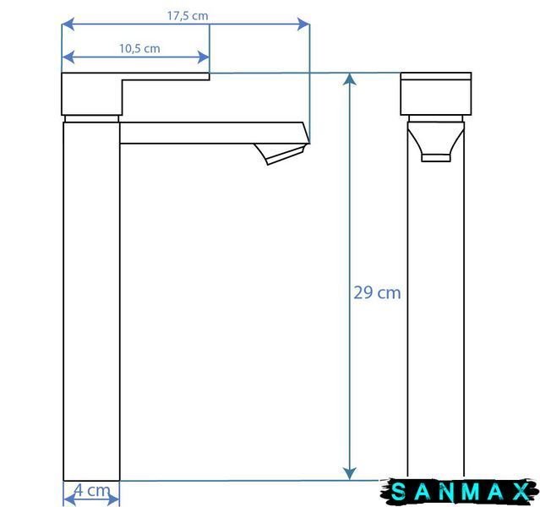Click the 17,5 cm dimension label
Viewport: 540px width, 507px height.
(188, 16)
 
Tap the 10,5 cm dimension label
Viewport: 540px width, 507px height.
(139, 48)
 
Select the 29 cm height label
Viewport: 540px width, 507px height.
(377, 293)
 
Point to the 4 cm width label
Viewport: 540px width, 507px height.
(92, 491)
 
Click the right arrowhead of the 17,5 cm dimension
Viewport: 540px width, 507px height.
(303, 25)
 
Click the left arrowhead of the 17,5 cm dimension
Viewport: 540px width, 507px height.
(68, 25)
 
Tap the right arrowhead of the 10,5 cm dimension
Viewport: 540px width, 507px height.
(203, 57)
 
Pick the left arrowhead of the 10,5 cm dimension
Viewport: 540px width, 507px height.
(68, 57)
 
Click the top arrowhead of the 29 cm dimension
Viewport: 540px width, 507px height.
(350, 79)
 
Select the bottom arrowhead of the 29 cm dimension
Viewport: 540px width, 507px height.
(350, 473)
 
